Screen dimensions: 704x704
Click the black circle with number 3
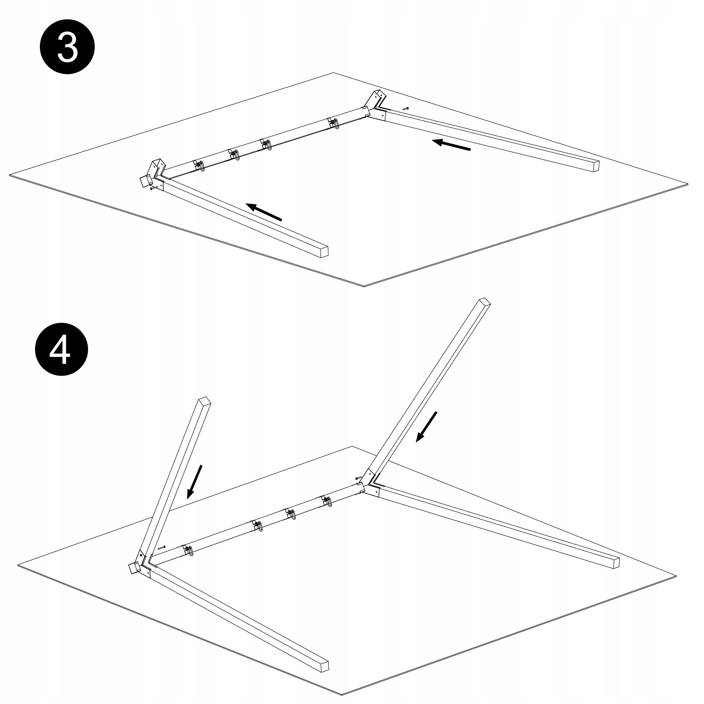[x=67, y=47]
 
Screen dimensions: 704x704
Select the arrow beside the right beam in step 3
[x=451, y=145]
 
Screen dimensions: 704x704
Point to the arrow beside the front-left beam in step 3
[x=264, y=212]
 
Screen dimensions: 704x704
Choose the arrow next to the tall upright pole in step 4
[x=426, y=427]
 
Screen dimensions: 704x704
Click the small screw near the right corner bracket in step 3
[x=406, y=109]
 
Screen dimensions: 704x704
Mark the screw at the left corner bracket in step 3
[x=154, y=188]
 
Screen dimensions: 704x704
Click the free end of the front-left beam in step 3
[x=324, y=252]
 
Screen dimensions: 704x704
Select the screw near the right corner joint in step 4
[x=359, y=478]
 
